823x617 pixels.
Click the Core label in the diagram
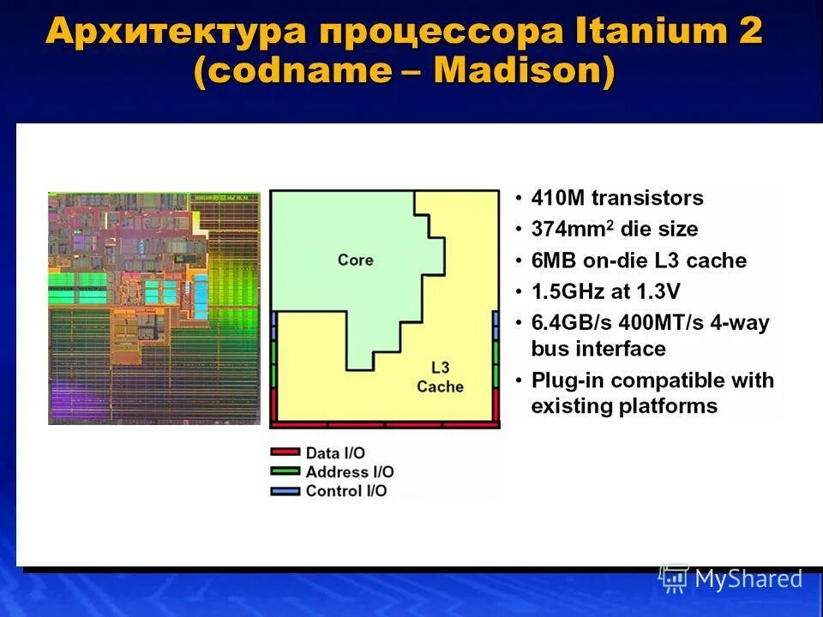click(x=355, y=259)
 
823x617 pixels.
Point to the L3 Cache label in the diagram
click(x=440, y=377)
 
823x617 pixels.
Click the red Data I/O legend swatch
click(x=285, y=452)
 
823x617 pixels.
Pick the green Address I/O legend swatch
click(x=285, y=471)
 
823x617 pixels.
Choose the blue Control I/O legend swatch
click(x=285, y=491)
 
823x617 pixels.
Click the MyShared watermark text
click(x=748, y=579)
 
